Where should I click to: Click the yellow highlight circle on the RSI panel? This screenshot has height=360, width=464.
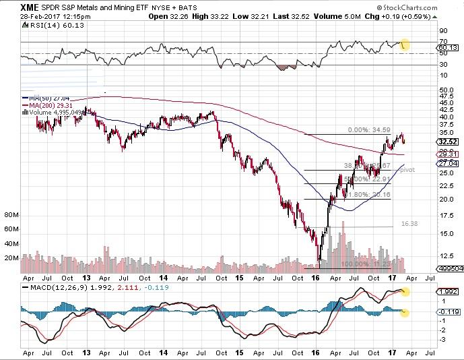pos(404,45)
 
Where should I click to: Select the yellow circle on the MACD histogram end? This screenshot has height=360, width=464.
pos(404,311)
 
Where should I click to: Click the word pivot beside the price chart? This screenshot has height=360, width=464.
pos(406,170)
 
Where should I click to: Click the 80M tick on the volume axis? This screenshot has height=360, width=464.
pos(10,215)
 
